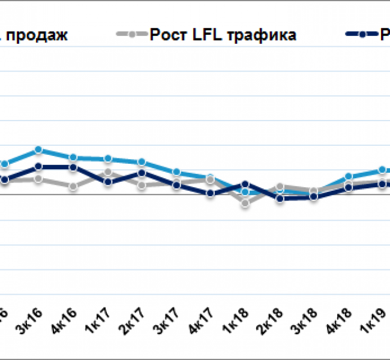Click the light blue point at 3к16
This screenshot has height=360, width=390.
pos(38,149)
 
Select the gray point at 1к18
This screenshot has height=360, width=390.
pos(245,203)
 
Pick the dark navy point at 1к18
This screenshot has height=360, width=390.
pos(245,184)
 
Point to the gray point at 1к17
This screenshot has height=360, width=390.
pos(107,173)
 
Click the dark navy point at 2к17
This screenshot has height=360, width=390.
pos(142,173)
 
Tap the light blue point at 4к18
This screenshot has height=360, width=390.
pos(349,177)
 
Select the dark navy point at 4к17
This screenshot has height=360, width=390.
pos(211,193)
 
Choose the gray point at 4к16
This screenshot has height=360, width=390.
pos(73,187)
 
